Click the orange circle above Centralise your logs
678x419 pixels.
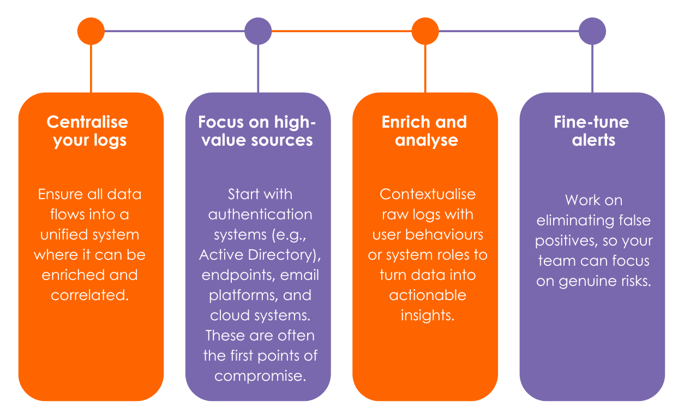pyautogui.click(x=91, y=31)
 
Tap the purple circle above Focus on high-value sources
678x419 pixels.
pyautogui.click(x=258, y=31)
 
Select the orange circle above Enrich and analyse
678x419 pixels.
pyautogui.click(x=425, y=31)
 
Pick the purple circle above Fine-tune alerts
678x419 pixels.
pyautogui.click(x=592, y=31)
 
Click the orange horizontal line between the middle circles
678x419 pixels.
pyautogui.click(x=341, y=31)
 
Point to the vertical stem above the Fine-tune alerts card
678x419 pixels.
pyautogui.click(x=592, y=68)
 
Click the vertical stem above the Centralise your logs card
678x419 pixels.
pyautogui.click(x=91, y=68)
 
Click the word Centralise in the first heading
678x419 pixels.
pyautogui.click(x=87, y=122)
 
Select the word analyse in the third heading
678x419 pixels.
pyautogui.click(x=427, y=140)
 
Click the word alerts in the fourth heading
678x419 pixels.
pyautogui.click(x=593, y=140)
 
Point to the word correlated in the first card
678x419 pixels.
pyautogui.click(x=89, y=295)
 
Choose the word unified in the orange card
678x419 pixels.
pyautogui.click(x=64, y=235)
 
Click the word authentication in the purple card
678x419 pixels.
pyautogui.click(x=260, y=214)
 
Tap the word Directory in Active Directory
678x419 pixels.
pyautogui.click(x=284, y=255)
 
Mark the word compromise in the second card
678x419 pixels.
pyautogui.click(x=260, y=376)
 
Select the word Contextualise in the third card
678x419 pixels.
pyautogui.click(x=428, y=194)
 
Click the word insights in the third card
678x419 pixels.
pyautogui.click(x=428, y=316)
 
